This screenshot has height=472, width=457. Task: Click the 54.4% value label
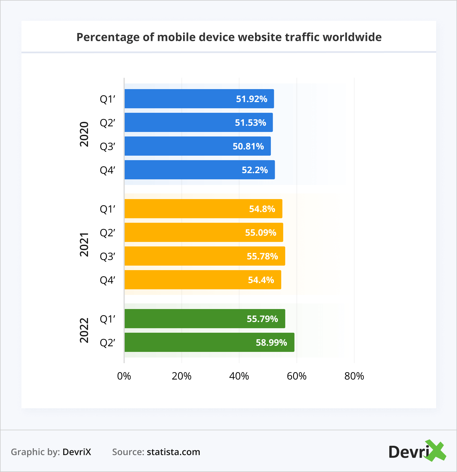pyautogui.click(x=261, y=280)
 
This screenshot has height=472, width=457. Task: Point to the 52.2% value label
pyautogui.click(x=255, y=170)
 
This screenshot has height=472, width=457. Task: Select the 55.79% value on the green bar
pyautogui.click(x=262, y=319)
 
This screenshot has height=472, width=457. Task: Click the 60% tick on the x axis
pyautogui.click(x=296, y=376)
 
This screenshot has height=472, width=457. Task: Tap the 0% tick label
pyautogui.click(x=124, y=376)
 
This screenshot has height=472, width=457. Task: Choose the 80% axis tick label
pyautogui.click(x=354, y=376)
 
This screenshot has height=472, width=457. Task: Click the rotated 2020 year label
pyautogui.click(x=84, y=134)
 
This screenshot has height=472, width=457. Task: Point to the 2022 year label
pyautogui.click(x=84, y=330)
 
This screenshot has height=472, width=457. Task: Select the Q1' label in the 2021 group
pyautogui.click(x=107, y=209)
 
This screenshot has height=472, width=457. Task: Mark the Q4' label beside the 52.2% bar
pyautogui.click(x=107, y=170)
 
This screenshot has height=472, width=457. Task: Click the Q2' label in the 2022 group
pyautogui.click(x=107, y=343)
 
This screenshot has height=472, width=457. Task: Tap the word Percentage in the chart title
pyautogui.click(x=108, y=37)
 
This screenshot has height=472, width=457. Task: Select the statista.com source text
pyautogui.click(x=173, y=452)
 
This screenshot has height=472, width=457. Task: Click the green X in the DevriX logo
pyautogui.click(x=436, y=451)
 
